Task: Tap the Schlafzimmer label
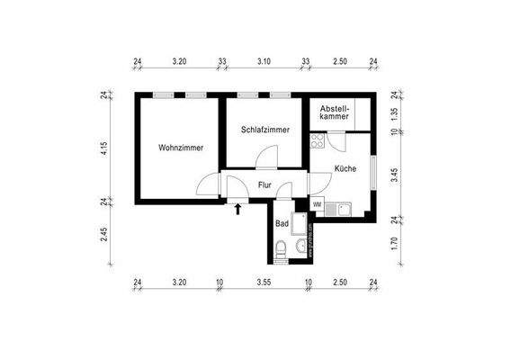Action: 265,130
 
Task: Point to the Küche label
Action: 345,168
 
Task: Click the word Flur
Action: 264,185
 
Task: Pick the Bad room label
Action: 282,222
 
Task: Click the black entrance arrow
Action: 238,211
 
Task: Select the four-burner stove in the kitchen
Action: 318,140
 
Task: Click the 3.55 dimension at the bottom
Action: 263,282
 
